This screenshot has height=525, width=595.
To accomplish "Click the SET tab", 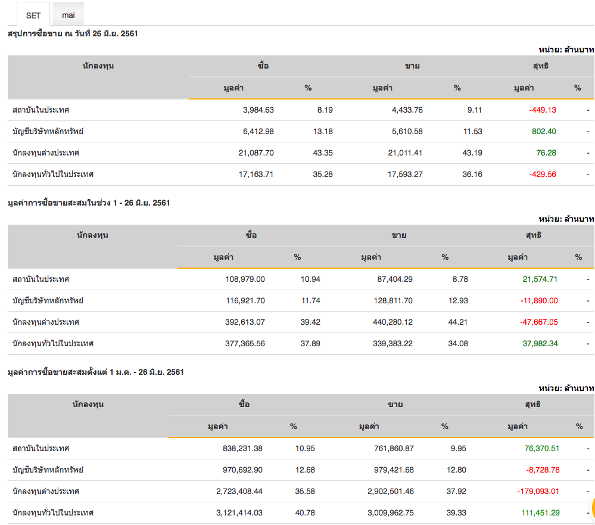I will pyautogui.click(x=33, y=15).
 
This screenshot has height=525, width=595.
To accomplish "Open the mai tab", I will pyautogui.click(x=68, y=15).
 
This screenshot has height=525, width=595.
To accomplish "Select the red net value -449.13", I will pyautogui.click(x=543, y=110).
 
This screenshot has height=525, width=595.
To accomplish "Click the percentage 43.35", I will pyautogui.click(x=323, y=153).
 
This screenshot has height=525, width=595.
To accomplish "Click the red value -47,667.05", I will pyautogui.click(x=539, y=322).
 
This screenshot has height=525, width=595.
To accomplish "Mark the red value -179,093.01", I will pyautogui.click(x=538, y=491).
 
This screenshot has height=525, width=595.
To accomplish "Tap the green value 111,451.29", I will pyautogui.click(x=539, y=512).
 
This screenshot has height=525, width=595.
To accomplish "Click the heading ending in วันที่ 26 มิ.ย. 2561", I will pyautogui.click(x=73, y=34).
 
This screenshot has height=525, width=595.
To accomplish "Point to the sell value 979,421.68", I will pyautogui.click(x=388, y=470).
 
